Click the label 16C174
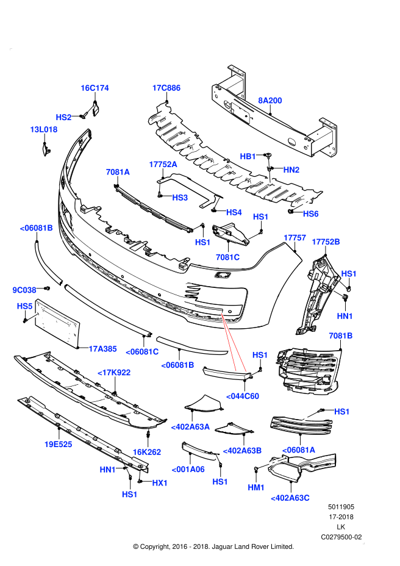tap(95, 88)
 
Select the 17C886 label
tap(166, 88)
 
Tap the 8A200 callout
tap(270, 101)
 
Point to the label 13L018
tap(44, 129)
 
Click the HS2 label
tap(64, 117)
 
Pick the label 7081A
tap(118, 172)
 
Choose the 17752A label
tap(163, 164)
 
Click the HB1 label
tap(248, 156)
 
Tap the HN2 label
tap(291, 170)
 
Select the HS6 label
tap(310, 214)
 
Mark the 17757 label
tap(295, 238)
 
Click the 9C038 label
tap(24, 290)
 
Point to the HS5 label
tap(25, 306)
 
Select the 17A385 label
tap(102, 349)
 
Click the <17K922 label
tap(114, 373)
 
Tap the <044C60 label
tap(243, 396)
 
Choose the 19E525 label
tap(58, 444)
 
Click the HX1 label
tap(160, 482)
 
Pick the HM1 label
tap(256, 487)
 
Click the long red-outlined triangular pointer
tap(233, 348)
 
